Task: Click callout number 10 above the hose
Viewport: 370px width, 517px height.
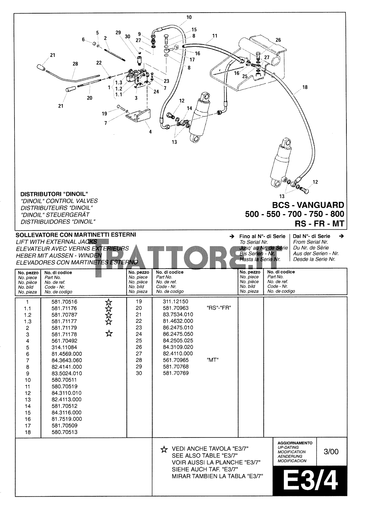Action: click(x=189, y=17)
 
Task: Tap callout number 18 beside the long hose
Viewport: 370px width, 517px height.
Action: click(x=305, y=87)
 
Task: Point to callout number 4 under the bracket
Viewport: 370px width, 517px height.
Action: click(x=150, y=132)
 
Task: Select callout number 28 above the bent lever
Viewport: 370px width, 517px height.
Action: click(x=75, y=64)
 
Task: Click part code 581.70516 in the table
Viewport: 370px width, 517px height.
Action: click(x=64, y=302)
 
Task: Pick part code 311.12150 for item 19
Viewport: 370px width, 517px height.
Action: click(x=175, y=301)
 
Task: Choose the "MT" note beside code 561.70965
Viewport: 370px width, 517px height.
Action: click(x=212, y=360)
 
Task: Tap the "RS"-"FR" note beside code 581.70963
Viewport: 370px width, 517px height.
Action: click(x=218, y=308)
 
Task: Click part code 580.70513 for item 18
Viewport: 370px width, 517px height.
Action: click(x=64, y=432)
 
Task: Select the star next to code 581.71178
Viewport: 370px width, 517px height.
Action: click(x=109, y=333)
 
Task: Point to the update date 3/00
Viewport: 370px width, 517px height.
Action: click(x=331, y=451)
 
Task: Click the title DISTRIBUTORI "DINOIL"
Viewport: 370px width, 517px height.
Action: click(x=54, y=194)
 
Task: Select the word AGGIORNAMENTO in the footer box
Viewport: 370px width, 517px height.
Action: click(x=295, y=443)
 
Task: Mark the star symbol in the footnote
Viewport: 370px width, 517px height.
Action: click(x=164, y=449)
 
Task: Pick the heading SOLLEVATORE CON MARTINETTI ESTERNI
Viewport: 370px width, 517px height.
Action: click(x=76, y=235)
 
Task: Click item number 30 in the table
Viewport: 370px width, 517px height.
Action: click(x=138, y=373)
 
